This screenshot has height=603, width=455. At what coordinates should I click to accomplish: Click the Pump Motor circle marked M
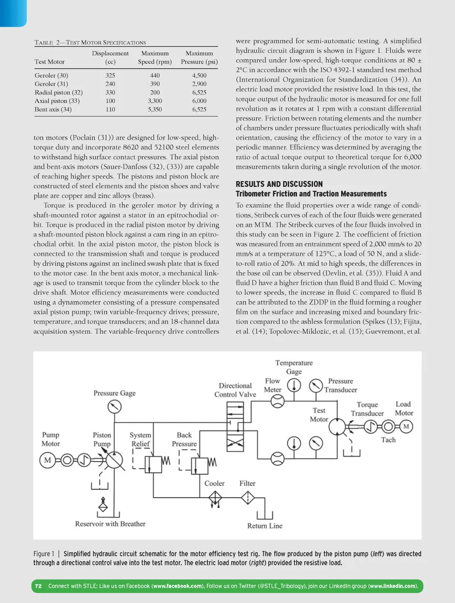click(48, 460)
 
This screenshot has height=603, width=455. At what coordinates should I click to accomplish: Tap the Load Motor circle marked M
click(406, 426)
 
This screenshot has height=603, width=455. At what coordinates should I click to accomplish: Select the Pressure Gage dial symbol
click(114, 406)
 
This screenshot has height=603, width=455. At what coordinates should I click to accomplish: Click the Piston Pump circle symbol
click(114, 460)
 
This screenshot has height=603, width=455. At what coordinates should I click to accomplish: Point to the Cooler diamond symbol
click(215, 498)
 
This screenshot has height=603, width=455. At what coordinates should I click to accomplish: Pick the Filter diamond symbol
click(247, 498)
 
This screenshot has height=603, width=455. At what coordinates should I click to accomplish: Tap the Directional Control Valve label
click(235, 390)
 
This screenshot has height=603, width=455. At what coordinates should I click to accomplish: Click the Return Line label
click(265, 526)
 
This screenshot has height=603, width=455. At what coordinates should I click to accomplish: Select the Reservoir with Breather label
click(110, 524)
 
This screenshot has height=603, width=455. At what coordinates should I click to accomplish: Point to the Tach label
click(388, 440)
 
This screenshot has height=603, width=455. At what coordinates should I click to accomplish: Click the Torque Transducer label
click(367, 409)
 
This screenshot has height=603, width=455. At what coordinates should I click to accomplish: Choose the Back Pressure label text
click(184, 439)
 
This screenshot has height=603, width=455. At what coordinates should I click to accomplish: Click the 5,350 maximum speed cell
click(155, 109)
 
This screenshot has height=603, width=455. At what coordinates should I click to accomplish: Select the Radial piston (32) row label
click(59, 93)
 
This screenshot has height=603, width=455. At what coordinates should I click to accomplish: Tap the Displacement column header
click(110, 53)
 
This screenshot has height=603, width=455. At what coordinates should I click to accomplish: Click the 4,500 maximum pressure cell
click(199, 76)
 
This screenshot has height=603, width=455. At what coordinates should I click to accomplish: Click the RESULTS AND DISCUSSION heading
click(279, 184)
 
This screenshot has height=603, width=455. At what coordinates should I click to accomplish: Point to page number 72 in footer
click(38, 586)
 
